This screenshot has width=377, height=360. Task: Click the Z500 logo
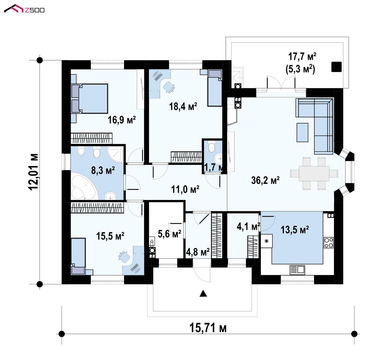pos(24,9)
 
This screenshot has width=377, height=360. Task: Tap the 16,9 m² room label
pos(121,120)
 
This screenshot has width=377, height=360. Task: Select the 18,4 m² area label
pos(183,106)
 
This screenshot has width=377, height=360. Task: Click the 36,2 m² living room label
pos(265,180)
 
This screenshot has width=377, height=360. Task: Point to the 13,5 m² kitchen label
pos(295,230)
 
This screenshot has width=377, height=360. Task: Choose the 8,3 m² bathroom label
pos(103,170)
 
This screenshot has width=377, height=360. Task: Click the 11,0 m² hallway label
pos(185,189)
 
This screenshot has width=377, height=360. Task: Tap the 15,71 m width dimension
pos(208,328)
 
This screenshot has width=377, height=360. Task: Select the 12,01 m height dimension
pos(34,172)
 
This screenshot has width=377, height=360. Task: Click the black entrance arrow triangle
pos(203,293)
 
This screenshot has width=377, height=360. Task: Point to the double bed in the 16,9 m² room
pos(89,98)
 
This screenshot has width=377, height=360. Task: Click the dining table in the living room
pos(314,174)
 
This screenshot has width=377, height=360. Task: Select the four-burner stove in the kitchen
pos(328,243)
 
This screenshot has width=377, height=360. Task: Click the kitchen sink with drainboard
pos(297,270)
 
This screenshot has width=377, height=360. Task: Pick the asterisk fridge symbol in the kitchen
pos(266,241)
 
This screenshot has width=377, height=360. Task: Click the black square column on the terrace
pos(336,67)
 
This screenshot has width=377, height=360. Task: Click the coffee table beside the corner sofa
pos(302,132)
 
